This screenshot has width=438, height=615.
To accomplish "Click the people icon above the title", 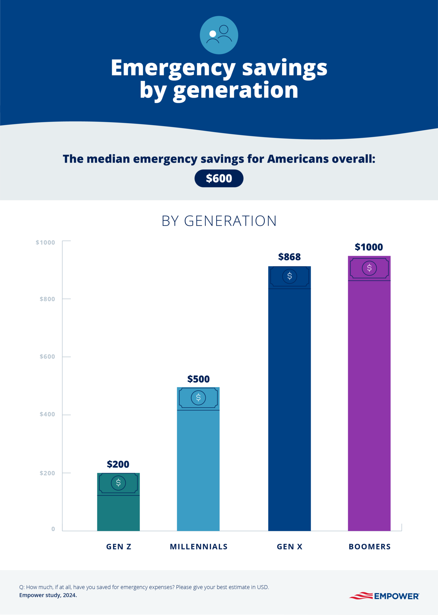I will point(219,35).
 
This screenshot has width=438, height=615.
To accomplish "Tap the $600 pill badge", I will point(219,179).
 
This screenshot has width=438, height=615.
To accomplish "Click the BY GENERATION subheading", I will point(219,221).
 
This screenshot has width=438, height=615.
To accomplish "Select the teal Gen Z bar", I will point(118,513).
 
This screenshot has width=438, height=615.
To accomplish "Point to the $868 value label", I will point(289,257).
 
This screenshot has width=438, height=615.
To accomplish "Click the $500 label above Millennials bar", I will point(198,379).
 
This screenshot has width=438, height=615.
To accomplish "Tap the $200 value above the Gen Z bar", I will point(118,464).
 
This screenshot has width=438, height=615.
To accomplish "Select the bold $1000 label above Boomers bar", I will point(369,247).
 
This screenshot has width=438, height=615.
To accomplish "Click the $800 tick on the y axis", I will point(47,299).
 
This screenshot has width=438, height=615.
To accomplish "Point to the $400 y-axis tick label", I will point(47,414).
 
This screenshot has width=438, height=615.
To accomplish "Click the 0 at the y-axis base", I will point(53,529).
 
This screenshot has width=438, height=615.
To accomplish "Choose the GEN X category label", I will point(290,547).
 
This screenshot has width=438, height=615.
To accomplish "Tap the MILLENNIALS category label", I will point(198,547).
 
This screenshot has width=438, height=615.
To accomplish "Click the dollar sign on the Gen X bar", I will point(290,276).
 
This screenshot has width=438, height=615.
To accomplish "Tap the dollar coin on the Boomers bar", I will point(369,268).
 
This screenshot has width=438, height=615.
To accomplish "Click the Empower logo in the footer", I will point(384,596).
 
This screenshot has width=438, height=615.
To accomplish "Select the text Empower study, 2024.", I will point(48,595).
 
